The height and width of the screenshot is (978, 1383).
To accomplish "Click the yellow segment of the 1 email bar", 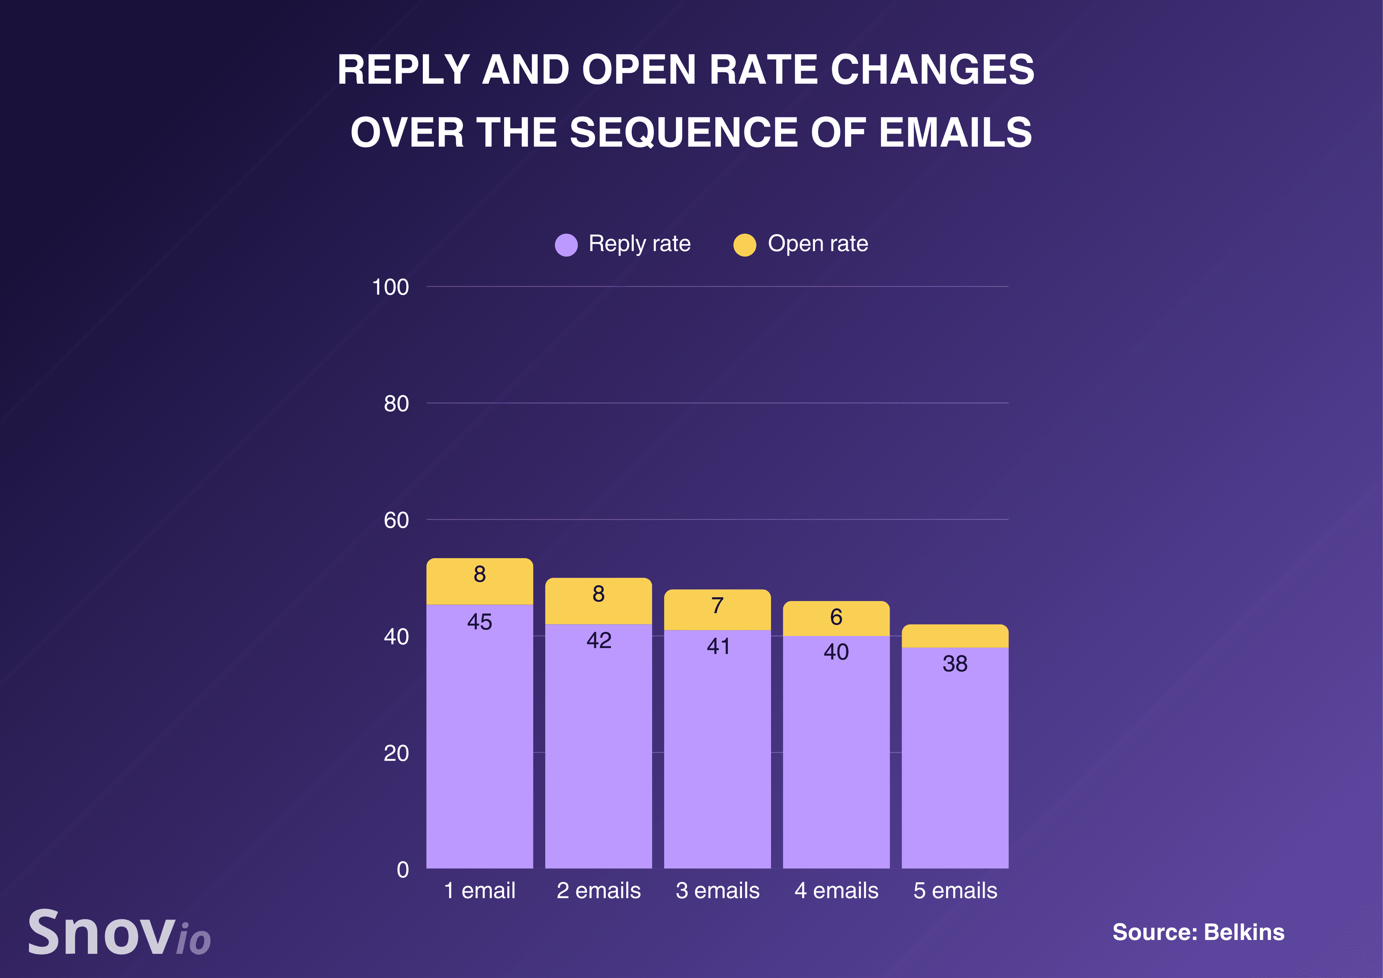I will coord(480,581).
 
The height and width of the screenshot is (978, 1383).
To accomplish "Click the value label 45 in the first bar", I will coord(480,622).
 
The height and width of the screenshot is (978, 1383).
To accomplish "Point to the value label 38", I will coord(955,663).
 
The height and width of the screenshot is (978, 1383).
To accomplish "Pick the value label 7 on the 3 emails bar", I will coord(717,605).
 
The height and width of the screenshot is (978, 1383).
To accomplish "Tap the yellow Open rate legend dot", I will coord(744,244).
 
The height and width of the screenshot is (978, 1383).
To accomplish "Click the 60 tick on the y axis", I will coord(396,520).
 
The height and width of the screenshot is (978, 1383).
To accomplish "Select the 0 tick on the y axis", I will coord(402,869).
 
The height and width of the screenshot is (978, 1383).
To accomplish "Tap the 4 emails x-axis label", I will coord(836,890).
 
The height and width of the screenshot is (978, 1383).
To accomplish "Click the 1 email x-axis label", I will coord(480,890).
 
